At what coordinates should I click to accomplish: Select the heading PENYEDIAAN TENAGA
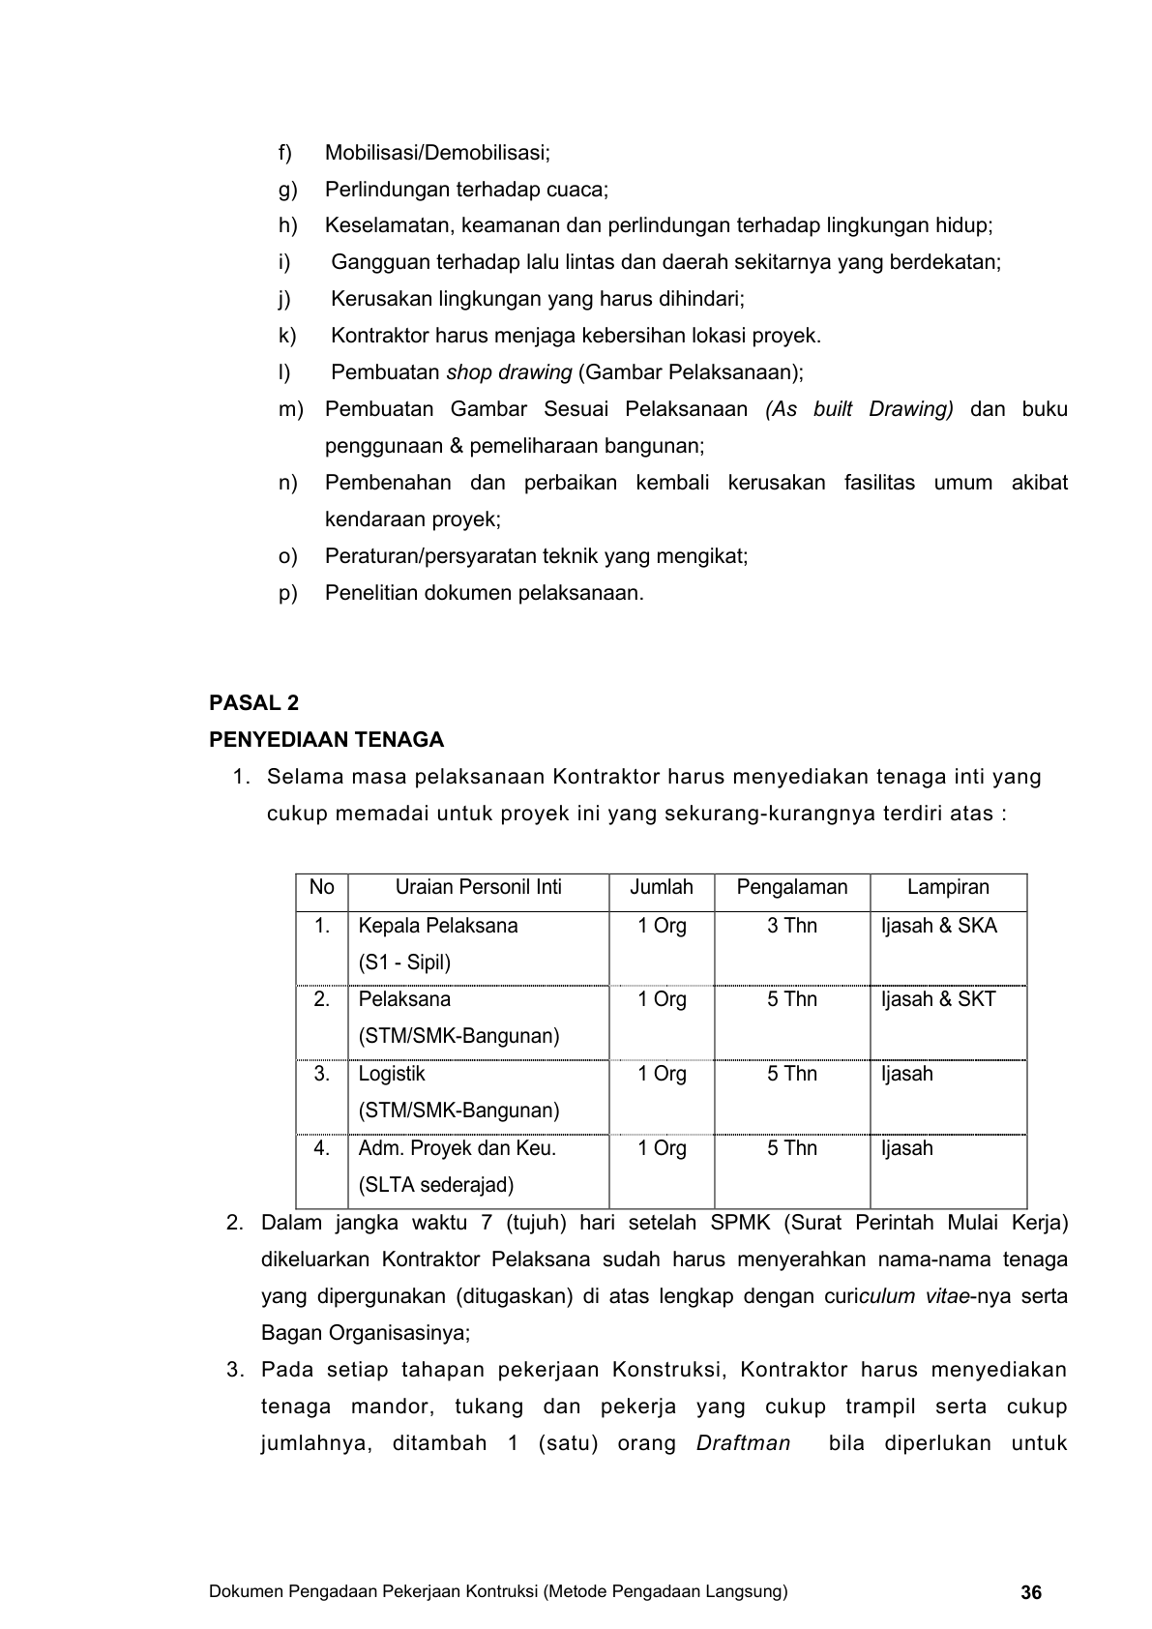tap(327, 740)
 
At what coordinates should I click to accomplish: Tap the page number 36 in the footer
tap(1031, 1592)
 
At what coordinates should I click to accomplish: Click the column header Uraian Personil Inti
tap(478, 888)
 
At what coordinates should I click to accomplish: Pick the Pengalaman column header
tap(791, 888)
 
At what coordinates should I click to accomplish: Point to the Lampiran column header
tap(948, 888)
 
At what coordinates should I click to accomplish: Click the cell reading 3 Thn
tap(791, 926)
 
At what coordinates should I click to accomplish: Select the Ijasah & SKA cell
tap(938, 926)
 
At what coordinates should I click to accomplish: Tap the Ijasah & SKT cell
tap(937, 999)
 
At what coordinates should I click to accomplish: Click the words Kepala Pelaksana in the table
tap(437, 926)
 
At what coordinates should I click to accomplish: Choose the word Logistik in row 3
tap(392, 1074)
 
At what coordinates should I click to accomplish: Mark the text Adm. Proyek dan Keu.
tap(457, 1148)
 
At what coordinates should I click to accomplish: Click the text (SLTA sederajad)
tap(435, 1185)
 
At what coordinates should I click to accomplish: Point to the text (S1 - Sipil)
tap(404, 963)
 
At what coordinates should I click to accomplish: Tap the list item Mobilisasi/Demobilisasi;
tap(437, 153)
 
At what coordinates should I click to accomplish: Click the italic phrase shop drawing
tap(508, 372)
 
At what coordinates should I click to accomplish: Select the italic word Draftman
tap(743, 1443)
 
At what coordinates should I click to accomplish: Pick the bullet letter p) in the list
tap(287, 593)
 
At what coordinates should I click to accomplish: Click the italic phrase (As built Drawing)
tap(859, 409)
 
